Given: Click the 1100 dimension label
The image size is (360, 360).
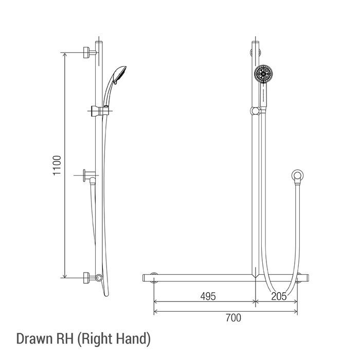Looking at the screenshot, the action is tap(57, 166).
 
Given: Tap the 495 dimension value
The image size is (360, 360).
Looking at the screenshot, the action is tap(208, 296).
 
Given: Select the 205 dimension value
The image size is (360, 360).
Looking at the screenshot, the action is tap(279, 296).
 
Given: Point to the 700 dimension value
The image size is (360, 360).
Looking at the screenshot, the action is tap(233, 318).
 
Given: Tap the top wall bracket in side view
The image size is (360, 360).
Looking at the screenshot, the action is tap(89, 52).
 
